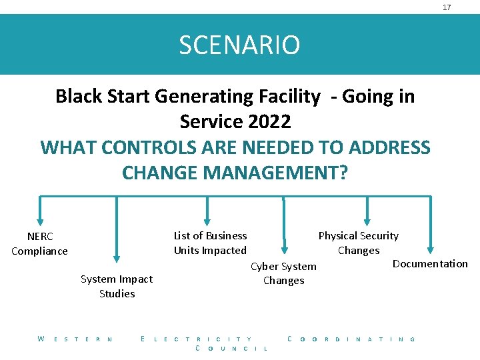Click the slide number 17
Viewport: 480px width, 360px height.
[x=447, y=7]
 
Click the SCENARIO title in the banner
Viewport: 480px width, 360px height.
[x=239, y=45]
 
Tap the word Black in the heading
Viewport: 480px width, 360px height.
[x=78, y=97]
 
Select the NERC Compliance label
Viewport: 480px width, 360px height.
[x=39, y=243]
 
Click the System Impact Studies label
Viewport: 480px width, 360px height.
[x=117, y=286]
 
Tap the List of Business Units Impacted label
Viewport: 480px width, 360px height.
[x=210, y=243]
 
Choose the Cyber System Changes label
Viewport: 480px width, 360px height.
[x=283, y=273]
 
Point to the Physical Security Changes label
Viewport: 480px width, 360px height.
[x=358, y=243]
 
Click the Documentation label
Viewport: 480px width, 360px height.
[x=430, y=263]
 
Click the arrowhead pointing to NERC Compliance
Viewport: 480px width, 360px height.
[x=41, y=221]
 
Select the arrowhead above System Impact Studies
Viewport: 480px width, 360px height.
[x=117, y=257]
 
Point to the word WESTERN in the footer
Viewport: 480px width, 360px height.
[x=75, y=339]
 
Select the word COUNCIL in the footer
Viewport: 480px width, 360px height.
[x=231, y=349]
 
